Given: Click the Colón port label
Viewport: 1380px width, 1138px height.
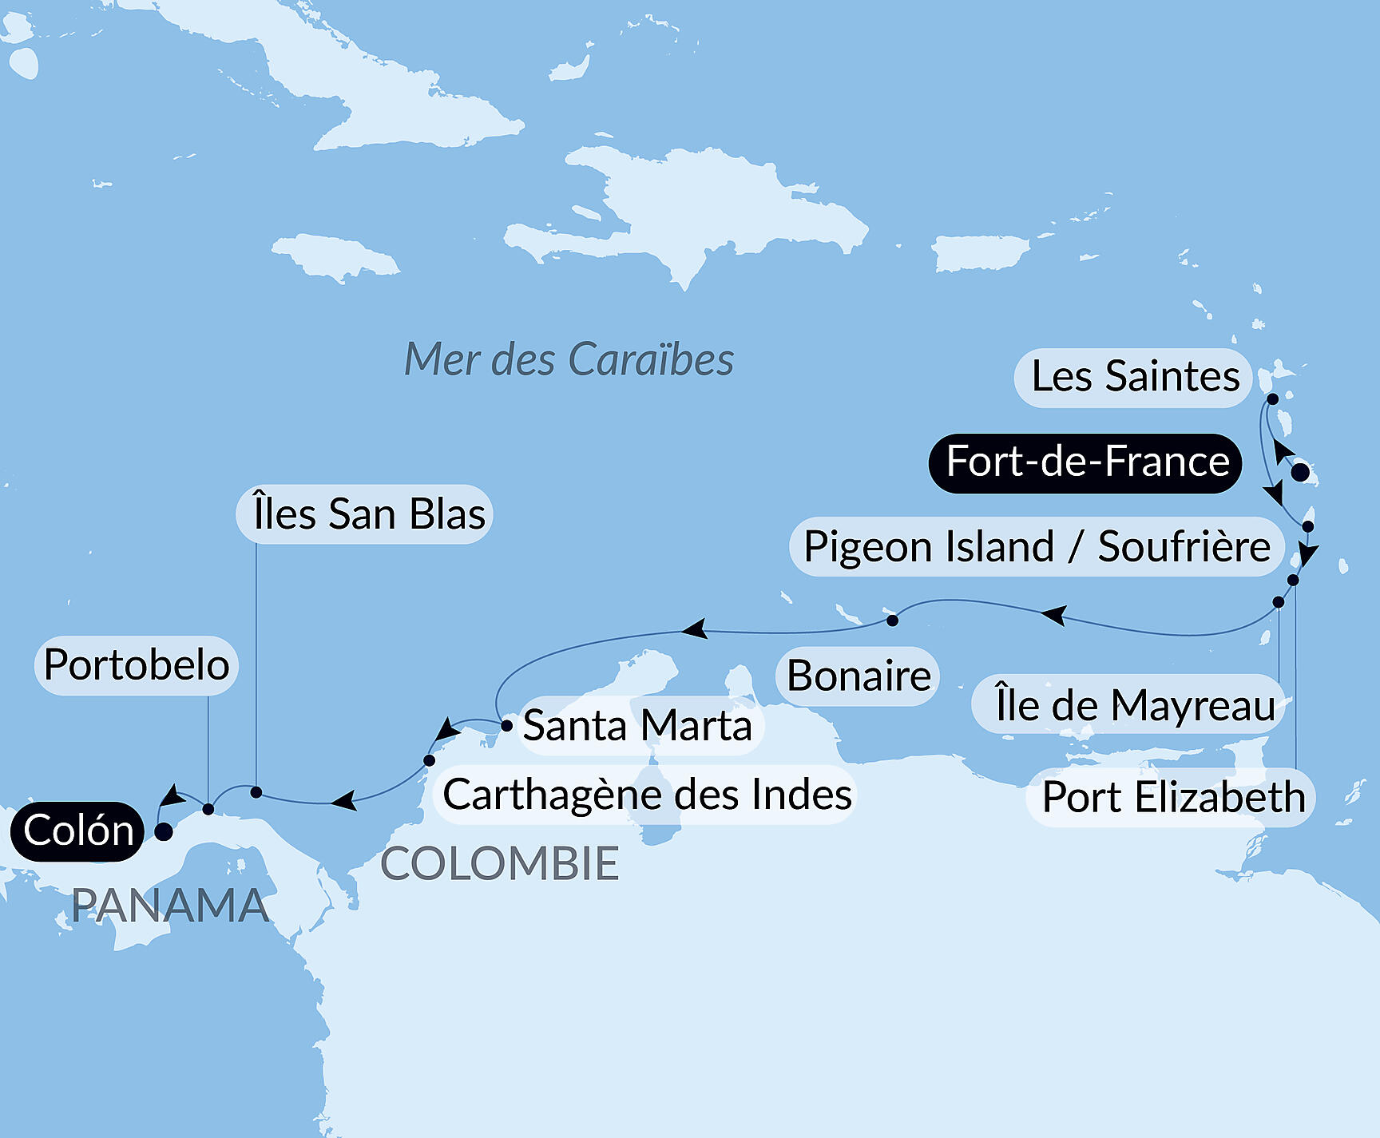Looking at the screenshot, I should coord(77,831).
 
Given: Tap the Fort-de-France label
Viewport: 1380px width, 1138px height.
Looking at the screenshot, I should coord(1086,462).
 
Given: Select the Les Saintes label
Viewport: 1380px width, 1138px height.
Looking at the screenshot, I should coord(1134,377).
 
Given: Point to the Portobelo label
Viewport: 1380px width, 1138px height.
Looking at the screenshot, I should coord(137,665).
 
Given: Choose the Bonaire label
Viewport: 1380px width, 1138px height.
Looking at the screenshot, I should coord(859,676).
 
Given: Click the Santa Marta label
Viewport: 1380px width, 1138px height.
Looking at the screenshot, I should coord(637,726).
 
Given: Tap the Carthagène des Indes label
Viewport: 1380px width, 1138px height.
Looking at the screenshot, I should coord(647,795).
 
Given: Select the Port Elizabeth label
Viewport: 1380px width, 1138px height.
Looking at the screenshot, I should coord(1172,797).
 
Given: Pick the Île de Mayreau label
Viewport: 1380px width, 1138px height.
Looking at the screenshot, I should coord(1134,705).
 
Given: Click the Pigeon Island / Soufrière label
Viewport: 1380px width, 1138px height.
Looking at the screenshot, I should coord(1037,547).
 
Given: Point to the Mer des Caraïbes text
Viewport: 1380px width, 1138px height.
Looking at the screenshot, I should coord(569,359).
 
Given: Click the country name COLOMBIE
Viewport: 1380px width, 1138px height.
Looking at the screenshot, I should coord(500,863).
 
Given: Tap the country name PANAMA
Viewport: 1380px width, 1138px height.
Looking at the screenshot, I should coord(170,906).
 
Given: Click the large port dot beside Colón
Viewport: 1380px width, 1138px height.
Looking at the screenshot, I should coord(164,831).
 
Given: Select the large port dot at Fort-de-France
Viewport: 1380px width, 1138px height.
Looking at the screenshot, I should coord(1300,472).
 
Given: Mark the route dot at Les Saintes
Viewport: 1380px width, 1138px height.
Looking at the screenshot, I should coord(1273,398).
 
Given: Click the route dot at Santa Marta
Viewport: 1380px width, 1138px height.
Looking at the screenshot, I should coord(506,726).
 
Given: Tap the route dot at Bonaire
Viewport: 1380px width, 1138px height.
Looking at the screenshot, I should coord(892,621).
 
